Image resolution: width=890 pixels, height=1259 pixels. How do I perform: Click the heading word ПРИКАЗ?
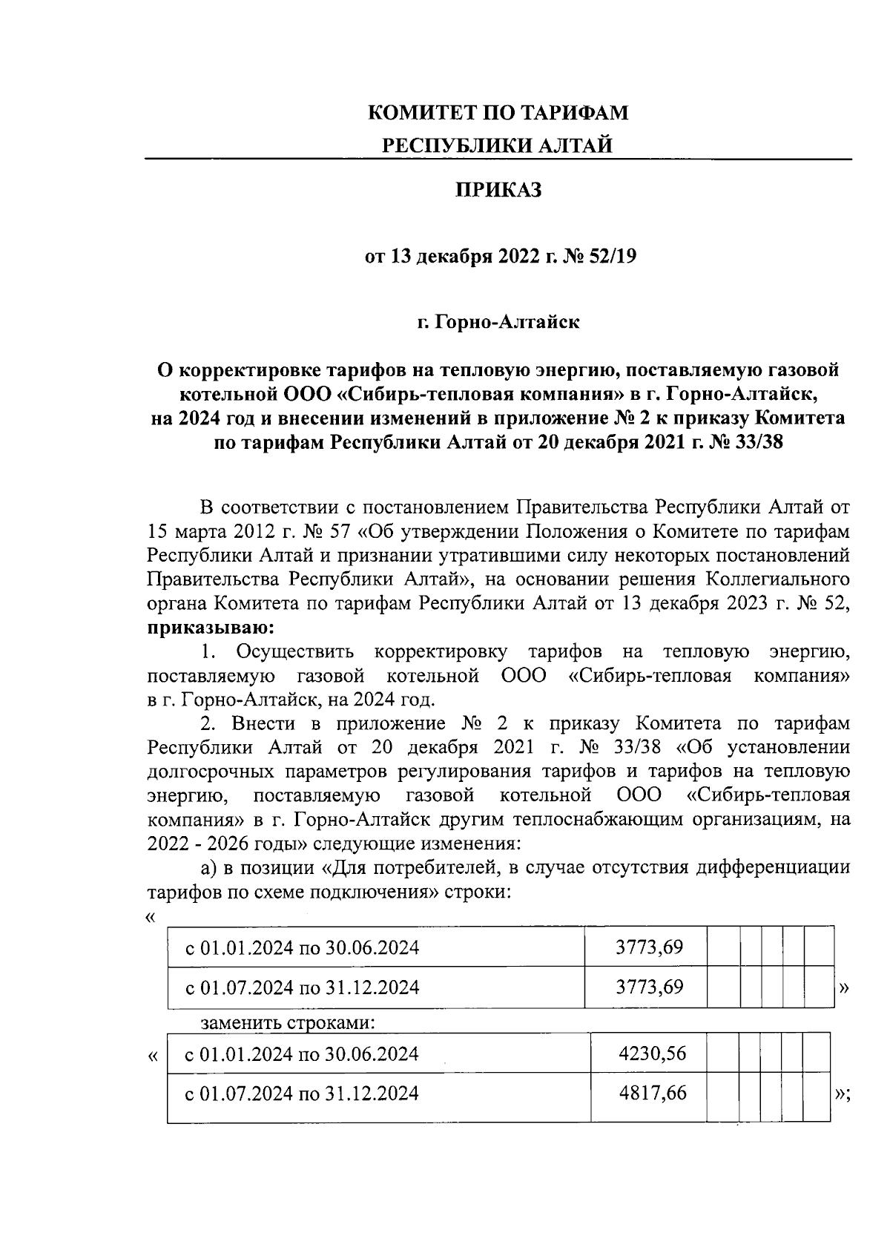498,191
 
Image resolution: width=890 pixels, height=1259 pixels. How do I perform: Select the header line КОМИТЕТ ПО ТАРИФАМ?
498,114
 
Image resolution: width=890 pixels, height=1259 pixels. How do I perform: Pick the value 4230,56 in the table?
652,1053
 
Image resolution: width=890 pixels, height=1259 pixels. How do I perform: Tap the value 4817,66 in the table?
652,1093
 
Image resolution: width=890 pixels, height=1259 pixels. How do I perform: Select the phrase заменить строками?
289,1023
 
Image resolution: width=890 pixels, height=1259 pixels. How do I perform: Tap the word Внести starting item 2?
263,723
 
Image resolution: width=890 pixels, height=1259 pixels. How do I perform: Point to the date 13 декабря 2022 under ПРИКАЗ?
458,257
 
